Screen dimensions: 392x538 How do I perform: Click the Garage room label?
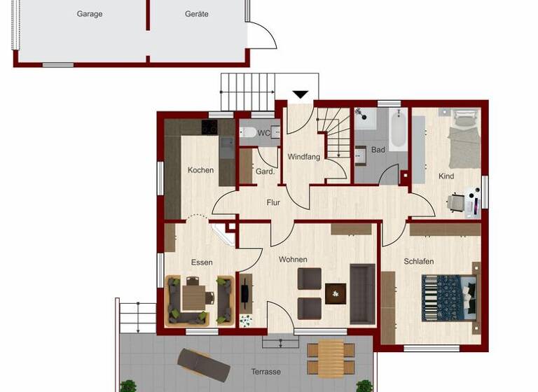coord(90,14)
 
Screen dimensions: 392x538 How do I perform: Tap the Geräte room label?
coord(197,14)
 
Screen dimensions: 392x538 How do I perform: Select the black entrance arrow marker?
coord(301,94)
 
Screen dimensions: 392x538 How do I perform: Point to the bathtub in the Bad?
coord(398,130)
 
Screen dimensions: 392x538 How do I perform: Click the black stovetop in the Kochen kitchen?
coord(209,127)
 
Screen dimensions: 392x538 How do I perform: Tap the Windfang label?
coord(304,157)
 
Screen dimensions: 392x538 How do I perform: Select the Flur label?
coord(273,203)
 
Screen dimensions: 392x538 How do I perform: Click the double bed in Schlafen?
coord(449,297)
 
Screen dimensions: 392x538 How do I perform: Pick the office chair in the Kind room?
coord(456,203)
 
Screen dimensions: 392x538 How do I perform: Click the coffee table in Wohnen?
coord(335,293)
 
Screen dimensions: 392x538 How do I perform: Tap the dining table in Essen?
coord(194,297)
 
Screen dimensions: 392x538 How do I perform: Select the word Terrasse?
coord(266,372)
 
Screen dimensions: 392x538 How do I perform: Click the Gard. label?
coord(264,171)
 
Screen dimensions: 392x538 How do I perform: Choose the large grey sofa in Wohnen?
coord(362,293)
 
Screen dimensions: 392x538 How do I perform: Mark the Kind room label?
coord(446,176)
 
